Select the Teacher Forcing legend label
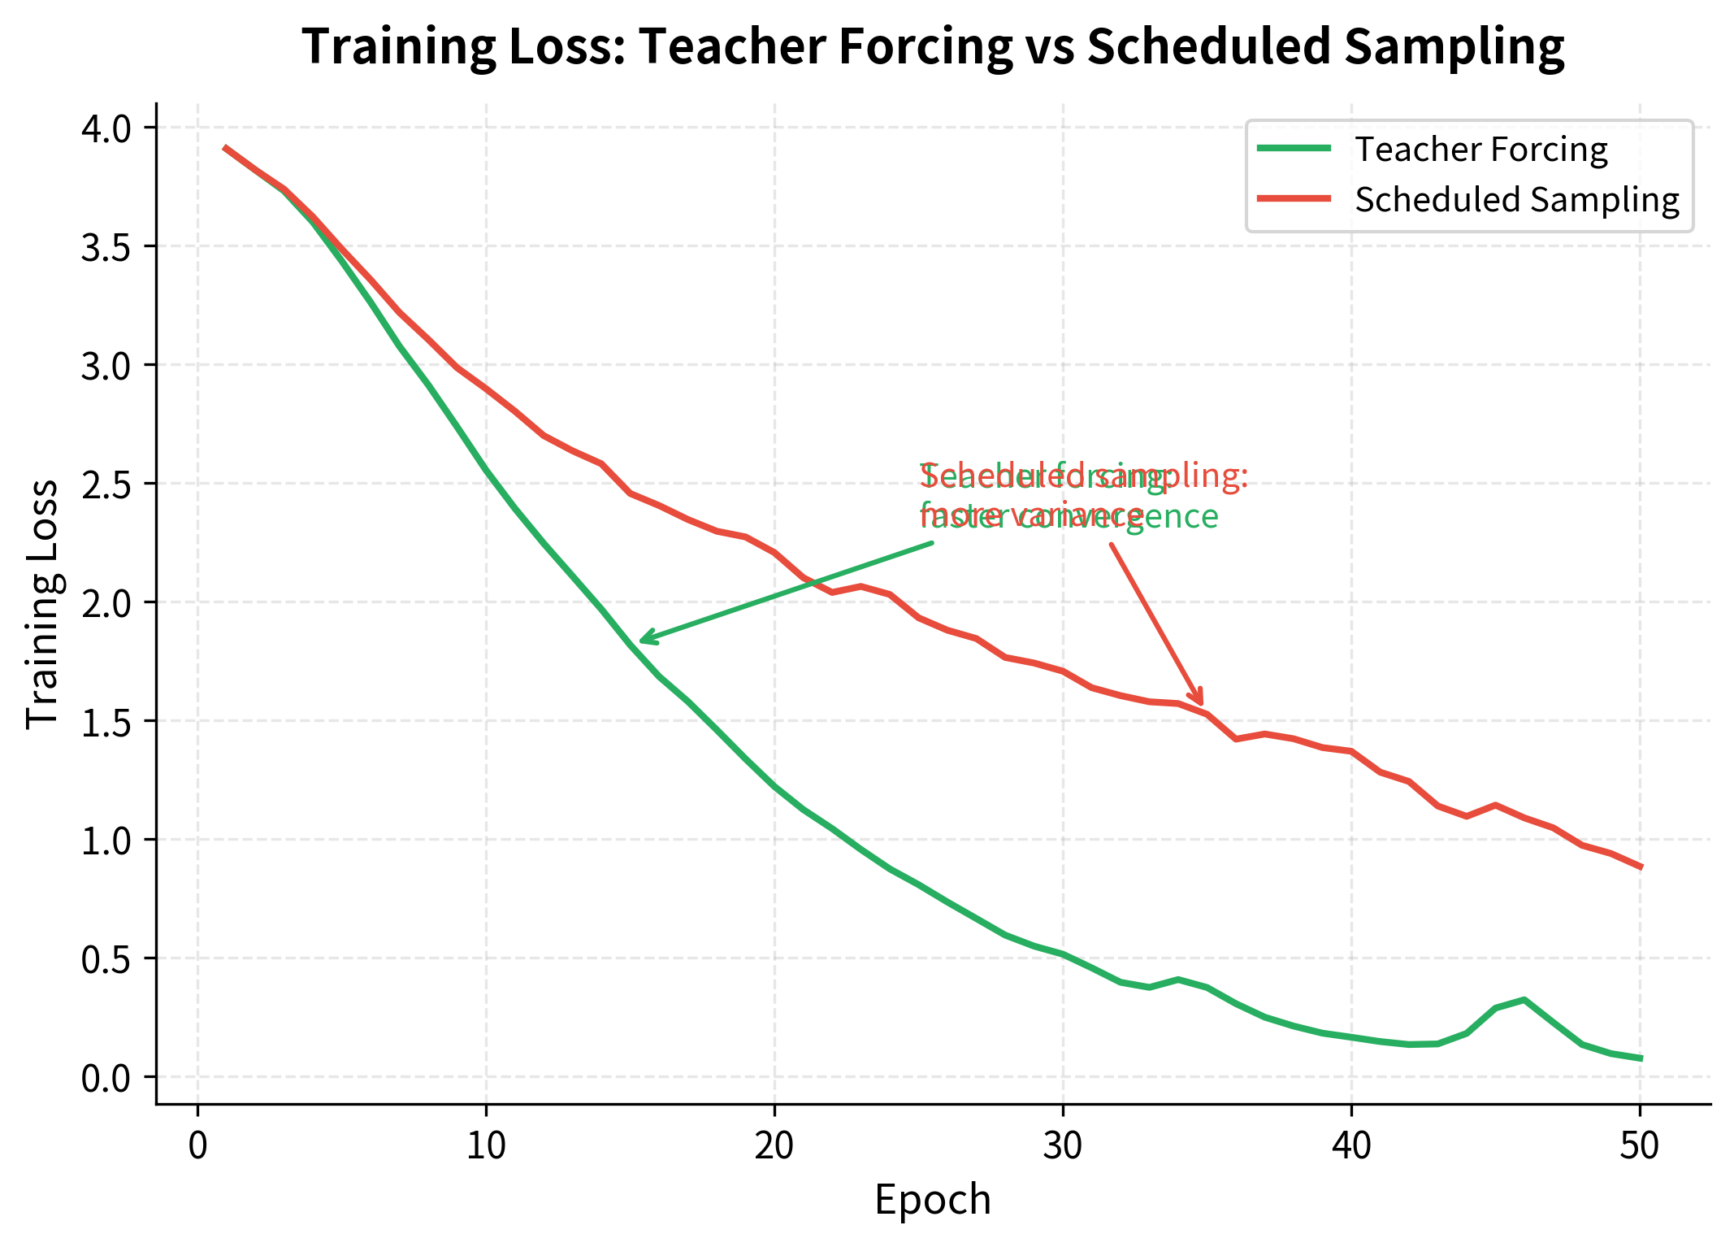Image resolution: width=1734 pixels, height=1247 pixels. tap(1480, 150)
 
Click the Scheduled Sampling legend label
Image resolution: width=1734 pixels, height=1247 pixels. tap(1516, 200)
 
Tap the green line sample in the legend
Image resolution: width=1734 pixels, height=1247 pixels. tap(1294, 148)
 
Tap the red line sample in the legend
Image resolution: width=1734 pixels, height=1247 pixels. tap(1294, 198)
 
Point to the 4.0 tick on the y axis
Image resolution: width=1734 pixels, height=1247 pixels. tap(106, 128)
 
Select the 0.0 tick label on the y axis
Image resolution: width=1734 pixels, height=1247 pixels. tap(106, 1078)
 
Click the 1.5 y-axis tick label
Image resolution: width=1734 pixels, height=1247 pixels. tap(106, 722)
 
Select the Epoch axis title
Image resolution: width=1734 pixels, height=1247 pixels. tap(933, 1200)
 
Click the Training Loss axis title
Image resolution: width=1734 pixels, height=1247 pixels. tap(42, 603)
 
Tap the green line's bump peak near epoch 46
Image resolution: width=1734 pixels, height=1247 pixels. tap(1524, 999)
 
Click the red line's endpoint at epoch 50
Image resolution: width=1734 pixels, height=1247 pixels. tap(1640, 867)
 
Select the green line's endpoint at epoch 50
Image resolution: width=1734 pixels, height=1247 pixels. tap(1640, 1058)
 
